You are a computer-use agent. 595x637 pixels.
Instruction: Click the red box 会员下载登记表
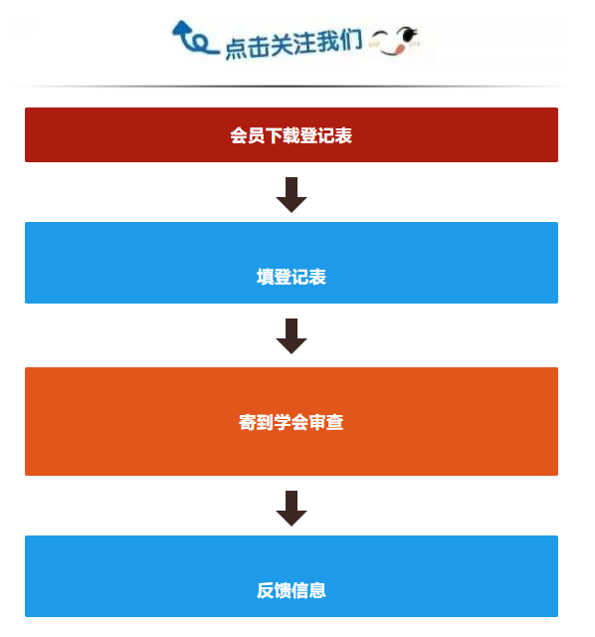292,135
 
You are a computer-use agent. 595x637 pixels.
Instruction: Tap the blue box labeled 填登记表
292,263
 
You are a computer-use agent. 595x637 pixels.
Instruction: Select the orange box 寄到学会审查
292,421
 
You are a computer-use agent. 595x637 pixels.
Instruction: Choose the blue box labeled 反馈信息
292,576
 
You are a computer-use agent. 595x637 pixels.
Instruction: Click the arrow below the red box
292,195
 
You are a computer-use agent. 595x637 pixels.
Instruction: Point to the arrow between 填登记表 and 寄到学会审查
292,336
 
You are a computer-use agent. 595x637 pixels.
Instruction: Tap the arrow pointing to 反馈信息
292,509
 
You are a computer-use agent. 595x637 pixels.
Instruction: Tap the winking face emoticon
395,40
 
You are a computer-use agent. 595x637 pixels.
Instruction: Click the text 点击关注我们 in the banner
294,44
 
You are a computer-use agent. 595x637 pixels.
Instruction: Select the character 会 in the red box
239,135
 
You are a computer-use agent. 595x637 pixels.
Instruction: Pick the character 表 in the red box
343,135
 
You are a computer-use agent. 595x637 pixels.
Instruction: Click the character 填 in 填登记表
266,277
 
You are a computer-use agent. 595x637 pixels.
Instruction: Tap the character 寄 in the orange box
248,422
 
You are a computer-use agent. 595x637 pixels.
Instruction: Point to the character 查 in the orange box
335,422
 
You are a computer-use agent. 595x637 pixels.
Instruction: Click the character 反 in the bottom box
266,590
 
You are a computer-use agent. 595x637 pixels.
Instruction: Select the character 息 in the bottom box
317,590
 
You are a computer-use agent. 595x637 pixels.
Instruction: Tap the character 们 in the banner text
351,40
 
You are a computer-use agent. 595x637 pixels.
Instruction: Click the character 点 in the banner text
236,49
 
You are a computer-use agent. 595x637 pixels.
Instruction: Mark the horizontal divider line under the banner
292,87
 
